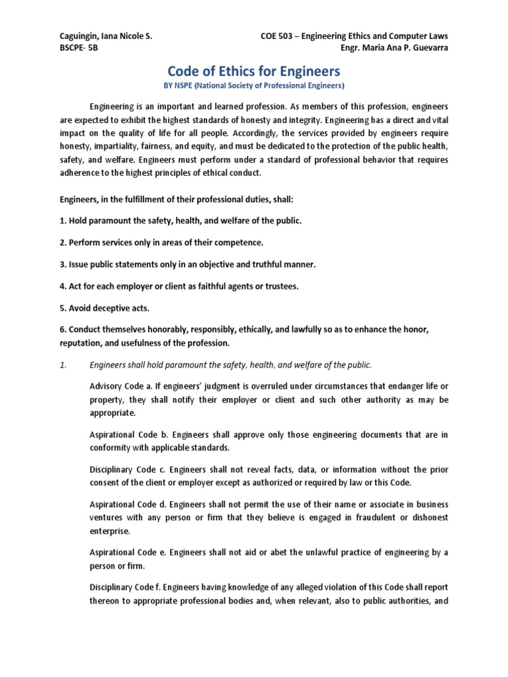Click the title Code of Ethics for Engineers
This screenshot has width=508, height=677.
coord(254,71)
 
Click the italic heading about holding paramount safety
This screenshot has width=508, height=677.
coord(231,364)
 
